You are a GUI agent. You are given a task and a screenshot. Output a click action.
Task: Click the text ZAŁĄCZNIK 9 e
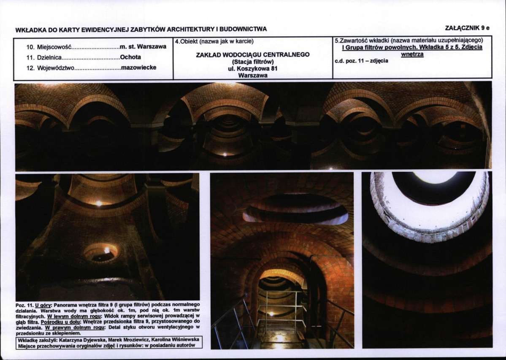[467, 28]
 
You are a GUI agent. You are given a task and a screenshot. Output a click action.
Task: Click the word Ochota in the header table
[130, 57]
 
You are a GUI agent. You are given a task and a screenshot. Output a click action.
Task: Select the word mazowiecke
[138, 68]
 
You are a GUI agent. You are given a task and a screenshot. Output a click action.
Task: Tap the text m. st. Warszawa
[143, 46]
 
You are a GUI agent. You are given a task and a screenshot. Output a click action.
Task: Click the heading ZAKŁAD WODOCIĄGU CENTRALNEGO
[253, 54]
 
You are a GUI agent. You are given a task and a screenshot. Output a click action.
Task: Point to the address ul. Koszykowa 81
[253, 69]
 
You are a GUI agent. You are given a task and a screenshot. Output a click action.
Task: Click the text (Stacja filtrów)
[253, 62]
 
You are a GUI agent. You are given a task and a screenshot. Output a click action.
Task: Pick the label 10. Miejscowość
[49, 47]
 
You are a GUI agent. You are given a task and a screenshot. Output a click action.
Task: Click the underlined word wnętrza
[412, 54]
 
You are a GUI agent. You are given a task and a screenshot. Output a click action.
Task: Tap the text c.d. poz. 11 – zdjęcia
[361, 61]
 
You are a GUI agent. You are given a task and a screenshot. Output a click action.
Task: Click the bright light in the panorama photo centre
[225, 154]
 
